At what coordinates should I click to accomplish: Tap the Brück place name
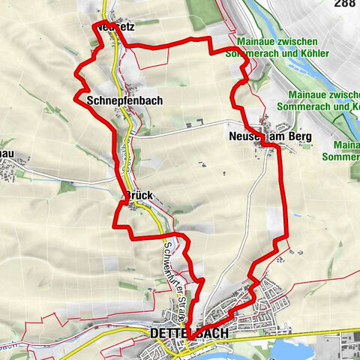pos(139,196)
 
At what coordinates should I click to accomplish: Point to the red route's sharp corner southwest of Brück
pos(115,224)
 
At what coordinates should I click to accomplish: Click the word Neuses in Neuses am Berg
pos(243,137)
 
